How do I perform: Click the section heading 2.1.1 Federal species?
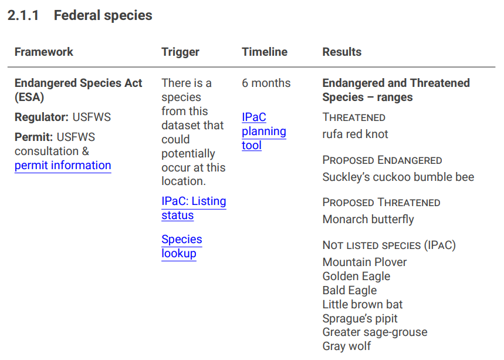79,16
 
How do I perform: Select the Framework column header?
44,52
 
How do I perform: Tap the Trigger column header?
180,52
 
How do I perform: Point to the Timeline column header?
265,52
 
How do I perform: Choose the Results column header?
341,52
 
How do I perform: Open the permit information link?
63,166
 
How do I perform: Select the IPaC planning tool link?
263,131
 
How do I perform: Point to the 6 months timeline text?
266,83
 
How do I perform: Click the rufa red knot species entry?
355,134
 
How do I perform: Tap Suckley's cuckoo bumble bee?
398,177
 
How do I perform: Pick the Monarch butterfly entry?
368,220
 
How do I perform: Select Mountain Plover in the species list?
364,262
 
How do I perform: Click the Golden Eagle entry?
356,276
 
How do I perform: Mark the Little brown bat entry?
362,304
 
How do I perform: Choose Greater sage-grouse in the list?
374,332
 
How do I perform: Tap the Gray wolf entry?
346,346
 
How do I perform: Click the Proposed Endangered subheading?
382,160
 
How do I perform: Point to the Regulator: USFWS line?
62,117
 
